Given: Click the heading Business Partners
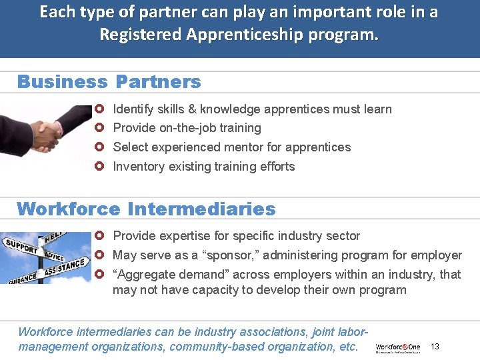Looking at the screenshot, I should [x=109, y=82].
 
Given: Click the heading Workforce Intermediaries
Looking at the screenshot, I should [x=146, y=209].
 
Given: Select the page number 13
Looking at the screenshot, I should [x=435, y=346].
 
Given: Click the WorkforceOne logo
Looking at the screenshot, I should [x=398, y=347].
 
